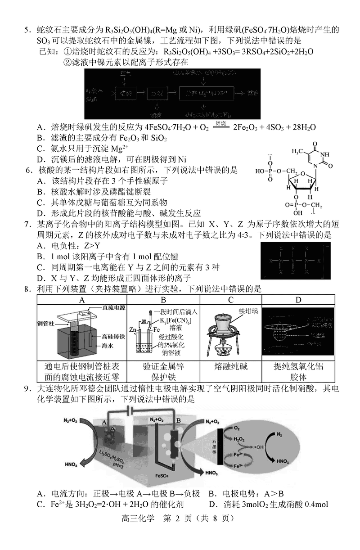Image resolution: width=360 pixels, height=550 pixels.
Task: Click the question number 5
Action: point(27,30)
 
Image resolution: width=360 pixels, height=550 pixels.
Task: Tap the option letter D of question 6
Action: point(40,213)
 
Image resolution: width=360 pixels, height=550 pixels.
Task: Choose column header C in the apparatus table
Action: point(230,300)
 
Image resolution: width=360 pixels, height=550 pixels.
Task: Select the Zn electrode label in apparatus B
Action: point(133,329)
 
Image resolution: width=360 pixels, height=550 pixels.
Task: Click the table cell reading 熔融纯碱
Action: point(231,366)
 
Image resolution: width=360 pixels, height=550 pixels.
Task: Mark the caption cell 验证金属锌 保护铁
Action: point(163,372)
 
